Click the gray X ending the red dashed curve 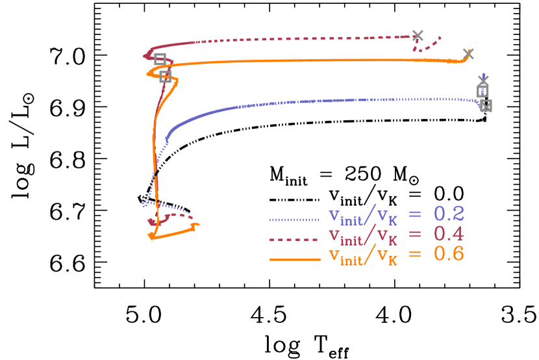[x=418, y=36]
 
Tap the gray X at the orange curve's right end [x=468, y=53]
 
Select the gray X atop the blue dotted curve [x=483, y=80]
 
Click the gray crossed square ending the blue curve [x=486, y=105]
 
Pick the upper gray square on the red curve [x=160, y=58]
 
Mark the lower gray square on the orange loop [x=165, y=76]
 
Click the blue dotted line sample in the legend [x=294, y=220]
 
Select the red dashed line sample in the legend [x=294, y=240]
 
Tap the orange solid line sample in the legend [x=294, y=259]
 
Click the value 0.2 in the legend [x=449, y=214]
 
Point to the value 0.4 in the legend [x=449, y=234]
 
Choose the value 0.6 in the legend [x=449, y=253]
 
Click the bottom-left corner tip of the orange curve [x=151, y=238]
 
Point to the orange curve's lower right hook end [x=197, y=225]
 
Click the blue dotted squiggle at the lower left [x=145, y=203]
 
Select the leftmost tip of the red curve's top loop [x=144, y=57]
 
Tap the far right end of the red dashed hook [x=441, y=37]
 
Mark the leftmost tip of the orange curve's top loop [x=148, y=73]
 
